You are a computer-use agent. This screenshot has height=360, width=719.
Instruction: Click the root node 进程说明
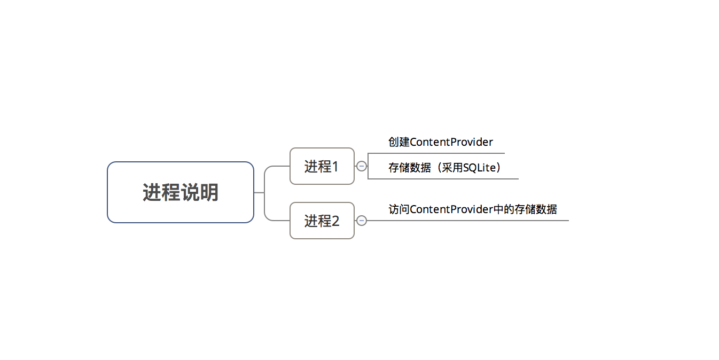pos(180,192)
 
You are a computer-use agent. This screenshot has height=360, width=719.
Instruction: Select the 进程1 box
pos(322,166)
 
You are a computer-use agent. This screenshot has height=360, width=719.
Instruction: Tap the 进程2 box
pos(322,221)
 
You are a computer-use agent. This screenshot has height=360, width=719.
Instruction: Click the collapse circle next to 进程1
pos(362,166)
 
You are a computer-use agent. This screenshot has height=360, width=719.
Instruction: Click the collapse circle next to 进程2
pos(362,221)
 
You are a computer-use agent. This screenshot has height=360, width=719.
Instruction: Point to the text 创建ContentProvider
pos(441,142)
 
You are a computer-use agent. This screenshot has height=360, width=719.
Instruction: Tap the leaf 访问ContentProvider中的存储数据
pos(473,209)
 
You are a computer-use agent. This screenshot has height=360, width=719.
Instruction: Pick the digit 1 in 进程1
pos(335,167)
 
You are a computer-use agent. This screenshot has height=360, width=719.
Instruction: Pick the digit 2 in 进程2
pos(335,221)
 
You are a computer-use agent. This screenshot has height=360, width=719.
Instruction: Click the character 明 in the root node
pos(209,192)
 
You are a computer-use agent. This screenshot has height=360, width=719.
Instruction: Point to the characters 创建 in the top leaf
pos(399,142)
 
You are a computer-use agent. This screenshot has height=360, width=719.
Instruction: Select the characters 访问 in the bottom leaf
pos(399,209)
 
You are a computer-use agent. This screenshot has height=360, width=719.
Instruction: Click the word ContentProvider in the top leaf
pos(451,142)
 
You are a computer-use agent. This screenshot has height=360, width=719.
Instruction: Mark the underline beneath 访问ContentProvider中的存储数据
pos(481,221)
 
